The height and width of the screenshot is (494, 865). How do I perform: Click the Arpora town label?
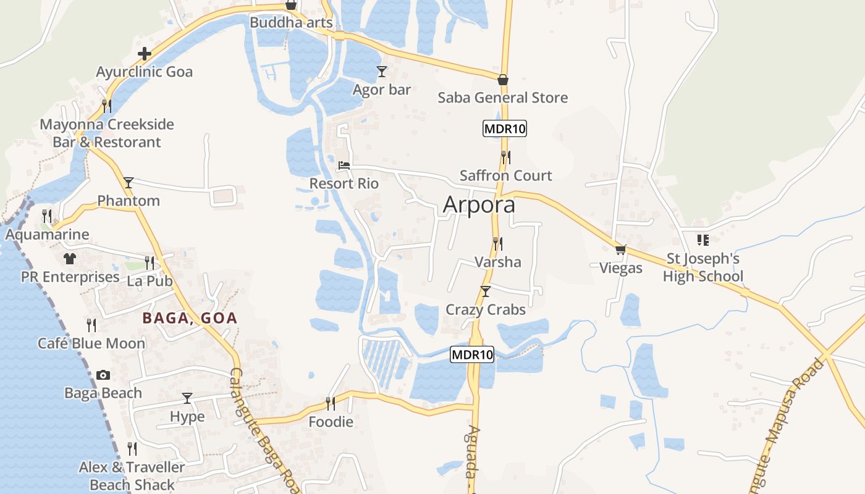click(479, 204)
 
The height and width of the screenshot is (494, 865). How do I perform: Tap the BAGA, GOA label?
click(190, 318)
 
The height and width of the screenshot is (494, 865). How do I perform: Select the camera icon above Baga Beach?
click(103, 375)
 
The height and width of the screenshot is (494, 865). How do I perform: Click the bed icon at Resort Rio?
click(344, 165)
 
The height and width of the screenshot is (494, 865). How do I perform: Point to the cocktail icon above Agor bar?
click(382, 72)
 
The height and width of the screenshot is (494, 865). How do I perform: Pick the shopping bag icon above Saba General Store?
click(503, 80)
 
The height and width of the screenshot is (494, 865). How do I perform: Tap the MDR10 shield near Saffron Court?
click(505, 129)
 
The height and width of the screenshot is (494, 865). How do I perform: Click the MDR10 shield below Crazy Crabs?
click(472, 354)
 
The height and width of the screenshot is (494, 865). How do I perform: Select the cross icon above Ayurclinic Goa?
click(145, 54)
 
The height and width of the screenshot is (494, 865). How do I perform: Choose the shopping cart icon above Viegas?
click(620, 250)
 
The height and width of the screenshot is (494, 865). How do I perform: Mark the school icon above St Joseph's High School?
click(703, 240)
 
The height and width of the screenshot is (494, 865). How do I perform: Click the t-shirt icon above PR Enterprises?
click(69, 258)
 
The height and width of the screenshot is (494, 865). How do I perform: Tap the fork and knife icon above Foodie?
click(331, 404)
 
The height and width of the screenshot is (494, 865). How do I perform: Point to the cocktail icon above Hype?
click(187, 398)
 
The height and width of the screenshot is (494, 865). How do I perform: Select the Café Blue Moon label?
click(91, 343)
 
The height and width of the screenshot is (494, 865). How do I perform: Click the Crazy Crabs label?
click(486, 309)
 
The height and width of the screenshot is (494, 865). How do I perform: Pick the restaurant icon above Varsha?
click(497, 243)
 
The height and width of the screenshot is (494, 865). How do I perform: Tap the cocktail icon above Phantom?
click(129, 182)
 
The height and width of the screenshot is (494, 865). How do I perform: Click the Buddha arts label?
click(291, 23)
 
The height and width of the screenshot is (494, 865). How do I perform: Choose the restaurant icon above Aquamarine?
click(47, 216)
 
